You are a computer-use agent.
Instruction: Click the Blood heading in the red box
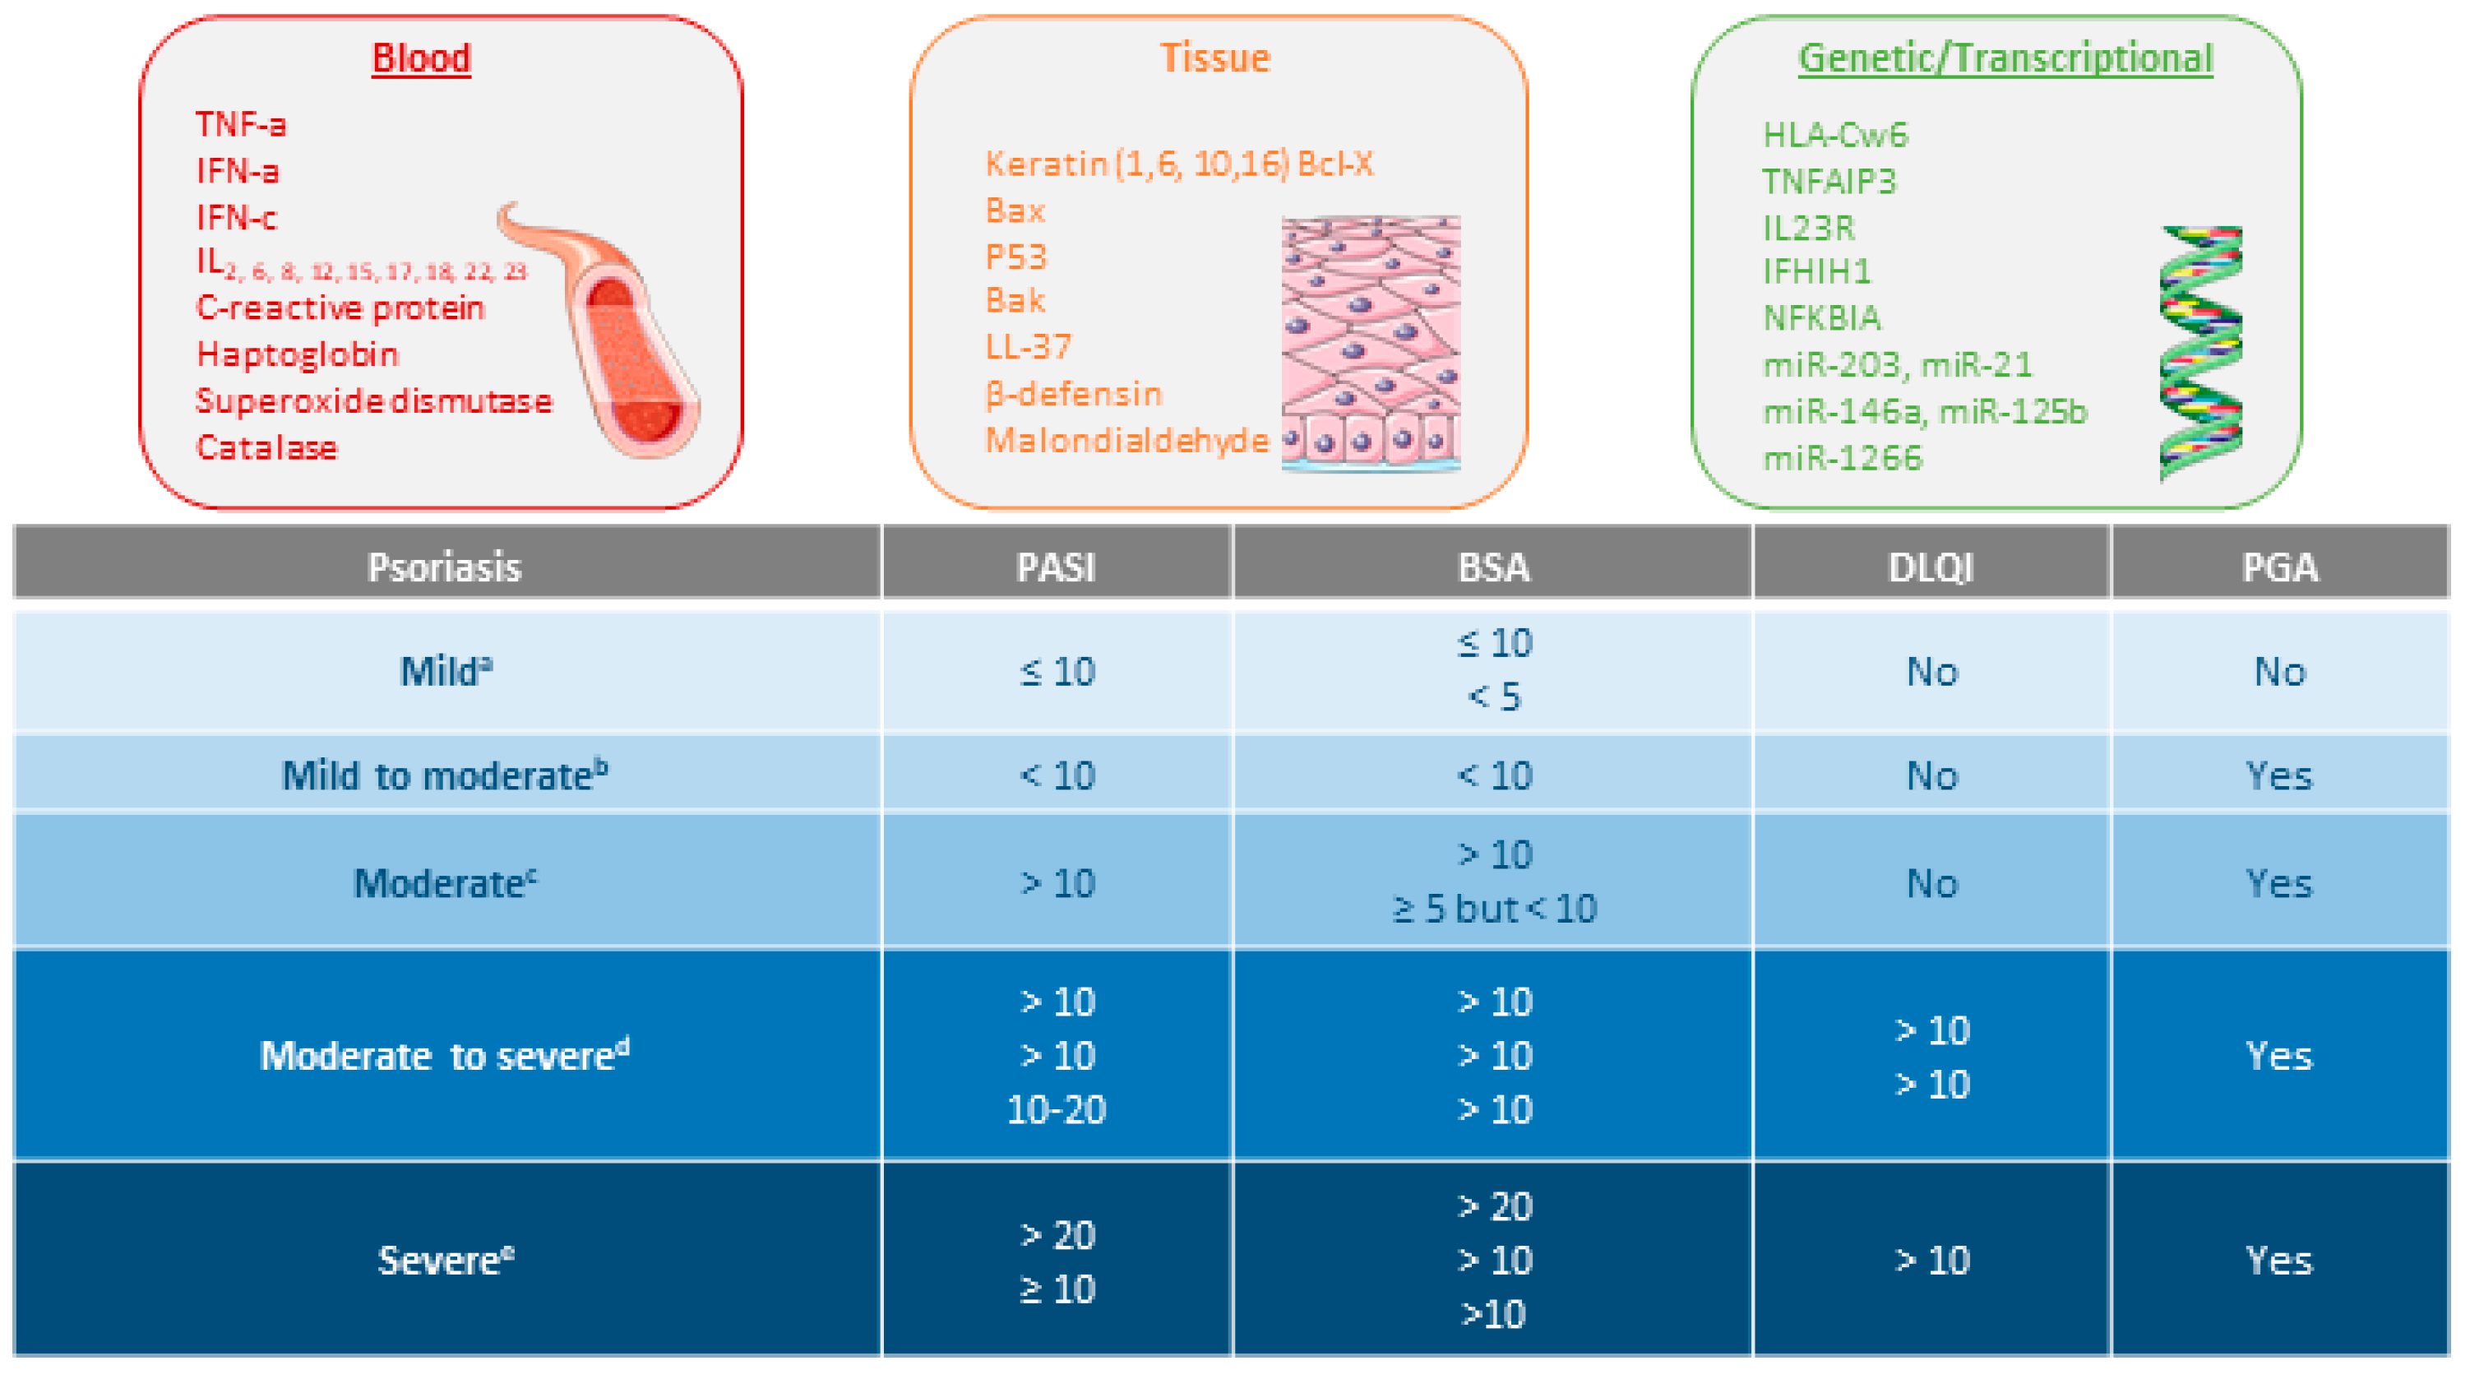tap(421, 58)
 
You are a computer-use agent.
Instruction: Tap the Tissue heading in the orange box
tap(1215, 58)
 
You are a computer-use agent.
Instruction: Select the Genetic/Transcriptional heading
tap(2005, 58)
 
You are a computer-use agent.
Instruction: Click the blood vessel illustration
tap(613, 335)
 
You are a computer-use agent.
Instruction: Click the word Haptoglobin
tap(298, 354)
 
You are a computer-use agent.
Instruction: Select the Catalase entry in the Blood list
tap(266, 448)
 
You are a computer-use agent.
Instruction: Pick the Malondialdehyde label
tap(1126, 440)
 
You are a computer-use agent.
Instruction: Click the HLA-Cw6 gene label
tap(1835, 135)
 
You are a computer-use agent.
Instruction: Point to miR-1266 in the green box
tap(1843, 458)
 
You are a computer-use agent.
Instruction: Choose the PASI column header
tap(1056, 567)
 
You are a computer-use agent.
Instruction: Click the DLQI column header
tap(1930, 567)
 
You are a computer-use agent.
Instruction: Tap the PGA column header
tap(2279, 567)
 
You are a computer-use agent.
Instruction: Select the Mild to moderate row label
tap(444, 775)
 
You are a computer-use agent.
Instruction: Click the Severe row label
tap(445, 1260)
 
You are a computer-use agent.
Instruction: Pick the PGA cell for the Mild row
tap(2279, 671)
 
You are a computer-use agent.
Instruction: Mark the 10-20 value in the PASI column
tap(1056, 1109)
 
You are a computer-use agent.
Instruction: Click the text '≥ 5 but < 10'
tap(1494, 908)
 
